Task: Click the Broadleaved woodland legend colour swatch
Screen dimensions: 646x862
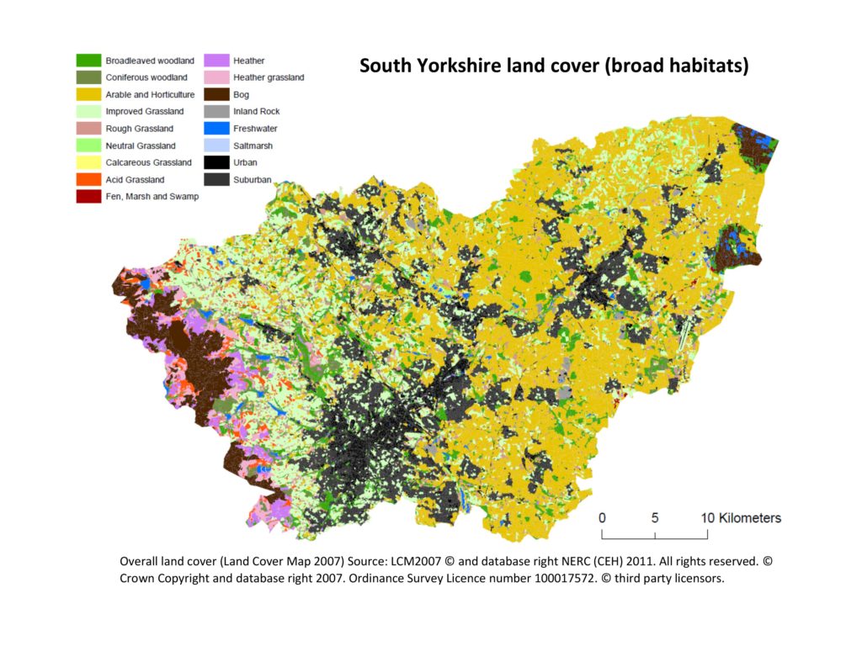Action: coord(88,61)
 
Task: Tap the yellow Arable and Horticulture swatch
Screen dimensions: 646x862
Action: coord(88,94)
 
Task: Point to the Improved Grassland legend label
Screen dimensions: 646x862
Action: coord(145,112)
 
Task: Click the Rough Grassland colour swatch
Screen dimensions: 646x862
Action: coord(88,129)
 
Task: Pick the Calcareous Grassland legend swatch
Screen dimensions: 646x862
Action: coord(88,162)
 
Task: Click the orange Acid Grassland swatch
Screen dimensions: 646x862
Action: coord(88,179)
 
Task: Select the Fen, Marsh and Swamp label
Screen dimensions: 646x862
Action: coord(152,197)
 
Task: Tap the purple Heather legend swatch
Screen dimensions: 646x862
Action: coord(216,61)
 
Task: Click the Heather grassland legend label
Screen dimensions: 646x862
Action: coord(269,77)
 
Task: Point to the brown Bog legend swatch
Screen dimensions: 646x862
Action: coord(216,94)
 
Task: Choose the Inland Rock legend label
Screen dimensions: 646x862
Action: coord(257,112)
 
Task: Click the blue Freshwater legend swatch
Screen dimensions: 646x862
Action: coord(216,129)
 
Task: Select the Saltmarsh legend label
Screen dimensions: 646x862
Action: coord(253,146)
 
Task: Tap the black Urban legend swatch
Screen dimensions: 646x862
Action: coord(216,162)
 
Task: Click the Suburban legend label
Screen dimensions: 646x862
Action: coord(253,179)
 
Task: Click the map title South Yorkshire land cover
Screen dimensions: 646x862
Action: coord(553,66)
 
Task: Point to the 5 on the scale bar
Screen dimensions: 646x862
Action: coord(655,518)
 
